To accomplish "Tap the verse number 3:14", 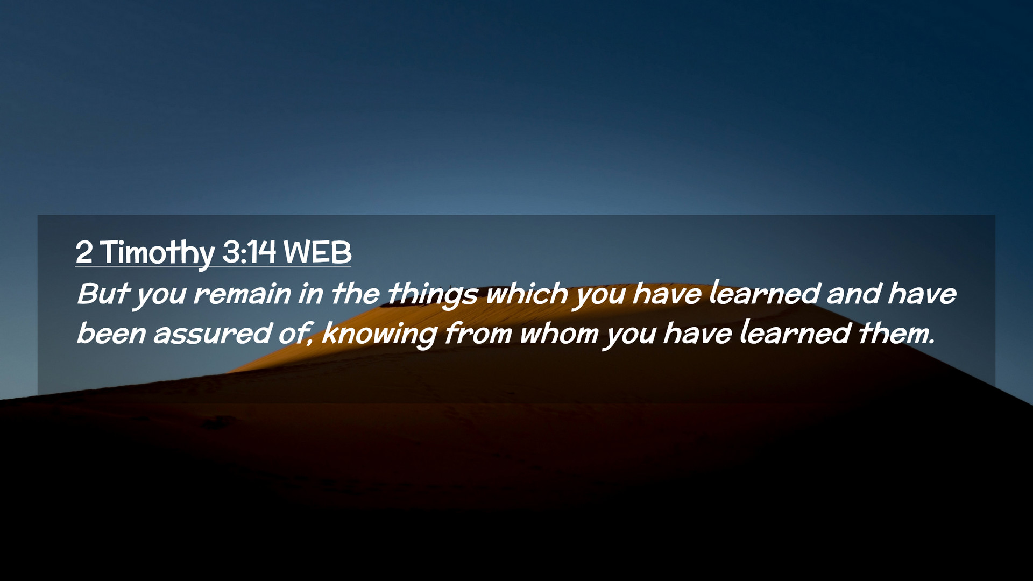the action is click(249, 252).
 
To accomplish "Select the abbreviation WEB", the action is click(317, 252).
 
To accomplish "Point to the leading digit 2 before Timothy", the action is click(84, 252).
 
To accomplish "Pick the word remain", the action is click(242, 294).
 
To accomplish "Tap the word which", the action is click(527, 294).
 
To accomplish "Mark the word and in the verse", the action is click(854, 294).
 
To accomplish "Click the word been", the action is click(111, 334).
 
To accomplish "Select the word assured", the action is click(213, 334).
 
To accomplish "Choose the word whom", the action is click(559, 334).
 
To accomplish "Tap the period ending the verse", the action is click(932, 343).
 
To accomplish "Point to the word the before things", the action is click(355, 294).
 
